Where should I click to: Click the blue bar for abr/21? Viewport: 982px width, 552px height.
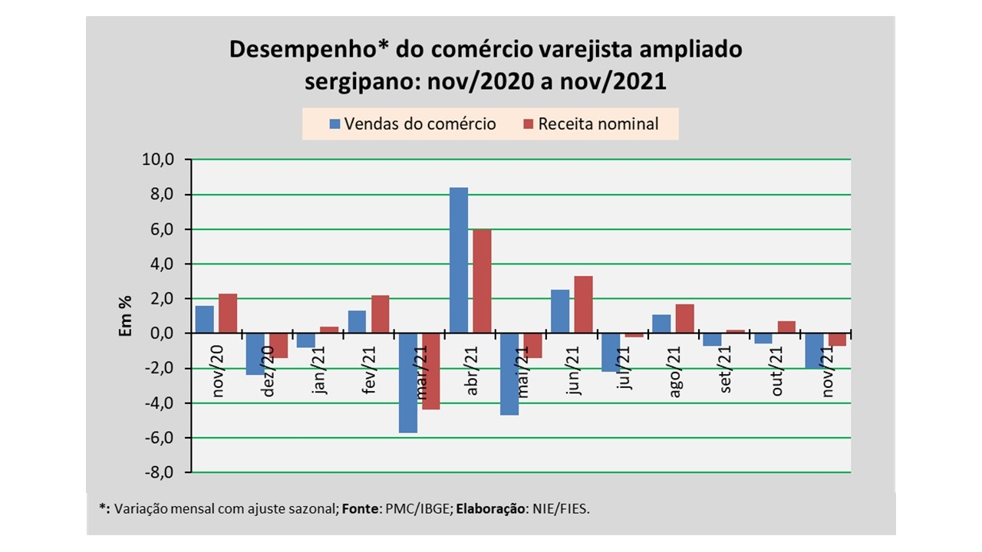pyautogui.click(x=458, y=261)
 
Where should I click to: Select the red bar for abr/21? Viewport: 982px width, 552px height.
pyautogui.click(x=482, y=281)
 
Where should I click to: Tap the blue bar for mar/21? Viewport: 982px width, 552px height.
pyautogui.click(x=407, y=383)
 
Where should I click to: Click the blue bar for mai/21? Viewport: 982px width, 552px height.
pyautogui.click(x=509, y=374)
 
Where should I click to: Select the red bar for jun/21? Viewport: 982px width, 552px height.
pyautogui.click(x=583, y=304)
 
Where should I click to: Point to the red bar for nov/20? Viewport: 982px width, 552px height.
pyautogui.click(x=228, y=314)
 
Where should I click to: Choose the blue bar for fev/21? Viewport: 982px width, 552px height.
pyautogui.click(x=357, y=322)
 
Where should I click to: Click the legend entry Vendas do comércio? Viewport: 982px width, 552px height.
pyautogui.click(x=413, y=123)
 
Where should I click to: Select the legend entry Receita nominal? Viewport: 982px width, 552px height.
pyautogui.click(x=591, y=123)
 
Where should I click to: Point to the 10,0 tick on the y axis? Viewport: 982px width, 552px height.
pyautogui.click(x=160, y=160)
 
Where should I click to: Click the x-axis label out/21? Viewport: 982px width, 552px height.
pyautogui.click(x=777, y=371)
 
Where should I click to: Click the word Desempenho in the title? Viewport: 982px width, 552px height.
pyautogui.click(x=301, y=50)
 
